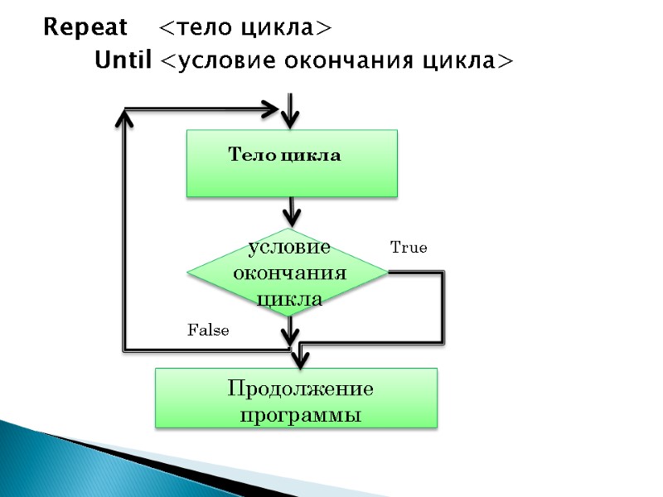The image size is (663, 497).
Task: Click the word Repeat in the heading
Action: (x=85, y=28)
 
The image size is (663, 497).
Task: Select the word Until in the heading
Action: (x=123, y=61)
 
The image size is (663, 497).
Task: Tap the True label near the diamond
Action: (x=409, y=248)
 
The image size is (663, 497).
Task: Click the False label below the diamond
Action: (x=208, y=331)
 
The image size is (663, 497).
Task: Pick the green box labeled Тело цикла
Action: (x=292, y=163)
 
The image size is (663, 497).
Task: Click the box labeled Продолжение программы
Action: (x=297, y=398)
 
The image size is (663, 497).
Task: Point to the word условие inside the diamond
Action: (x=289, y=248)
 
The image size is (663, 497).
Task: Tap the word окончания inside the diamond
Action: (x=289, y=273)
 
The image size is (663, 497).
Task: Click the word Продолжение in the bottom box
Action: (x=301, y=388)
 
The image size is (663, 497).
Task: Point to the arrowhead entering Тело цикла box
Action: (x=290, y=120)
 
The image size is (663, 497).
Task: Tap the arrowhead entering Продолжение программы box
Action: (x=299, y=360)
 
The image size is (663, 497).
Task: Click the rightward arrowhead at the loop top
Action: (x=271, y=109)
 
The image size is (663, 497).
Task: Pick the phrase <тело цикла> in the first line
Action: (x=245, y=28)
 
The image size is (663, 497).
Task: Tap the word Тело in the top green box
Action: (x=246, y=156)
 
